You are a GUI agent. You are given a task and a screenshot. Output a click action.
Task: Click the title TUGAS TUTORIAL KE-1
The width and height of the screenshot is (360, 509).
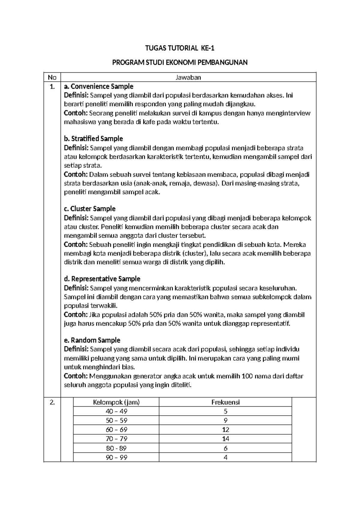(x=180, y=48)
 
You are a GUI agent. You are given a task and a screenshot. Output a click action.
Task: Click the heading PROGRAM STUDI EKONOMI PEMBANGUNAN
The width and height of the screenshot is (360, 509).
(x=180, y=62)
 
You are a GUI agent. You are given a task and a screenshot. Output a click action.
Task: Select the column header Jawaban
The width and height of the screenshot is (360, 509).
(x=188, y=77)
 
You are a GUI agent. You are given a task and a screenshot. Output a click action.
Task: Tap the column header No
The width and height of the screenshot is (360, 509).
(x=52, y=77)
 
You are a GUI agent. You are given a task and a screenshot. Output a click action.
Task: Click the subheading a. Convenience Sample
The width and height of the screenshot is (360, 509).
(x=99, y=86)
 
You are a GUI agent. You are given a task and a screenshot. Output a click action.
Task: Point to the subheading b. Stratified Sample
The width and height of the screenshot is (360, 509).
(x=94, y=139)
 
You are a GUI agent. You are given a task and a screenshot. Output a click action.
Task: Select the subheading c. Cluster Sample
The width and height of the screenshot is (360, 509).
(x=90, y=209)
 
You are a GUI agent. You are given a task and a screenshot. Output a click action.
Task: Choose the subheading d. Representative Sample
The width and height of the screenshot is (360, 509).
(x=102, y=279)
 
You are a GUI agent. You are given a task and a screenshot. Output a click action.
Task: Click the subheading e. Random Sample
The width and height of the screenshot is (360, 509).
(x=92, y=340)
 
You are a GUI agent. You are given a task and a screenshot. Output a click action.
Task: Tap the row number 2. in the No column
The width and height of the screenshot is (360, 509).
(x=52, y=403)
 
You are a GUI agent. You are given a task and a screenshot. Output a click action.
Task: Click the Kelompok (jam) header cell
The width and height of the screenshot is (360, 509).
(x=116, y=402)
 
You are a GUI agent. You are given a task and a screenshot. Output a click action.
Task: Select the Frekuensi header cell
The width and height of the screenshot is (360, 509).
(x=225, y=402)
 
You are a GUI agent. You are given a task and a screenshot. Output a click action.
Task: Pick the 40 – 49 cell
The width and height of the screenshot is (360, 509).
(x=116, y=411)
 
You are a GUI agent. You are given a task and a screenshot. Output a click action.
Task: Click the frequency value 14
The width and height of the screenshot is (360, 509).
(x=226, y=439)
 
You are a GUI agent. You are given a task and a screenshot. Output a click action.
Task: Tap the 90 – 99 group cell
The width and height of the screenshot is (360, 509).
(x=116, y=457)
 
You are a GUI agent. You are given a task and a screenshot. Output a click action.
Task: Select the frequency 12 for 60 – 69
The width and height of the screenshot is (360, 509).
(x=226, y=430)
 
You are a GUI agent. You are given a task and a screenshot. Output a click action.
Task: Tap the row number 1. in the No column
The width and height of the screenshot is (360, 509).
(x=52, y=87)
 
